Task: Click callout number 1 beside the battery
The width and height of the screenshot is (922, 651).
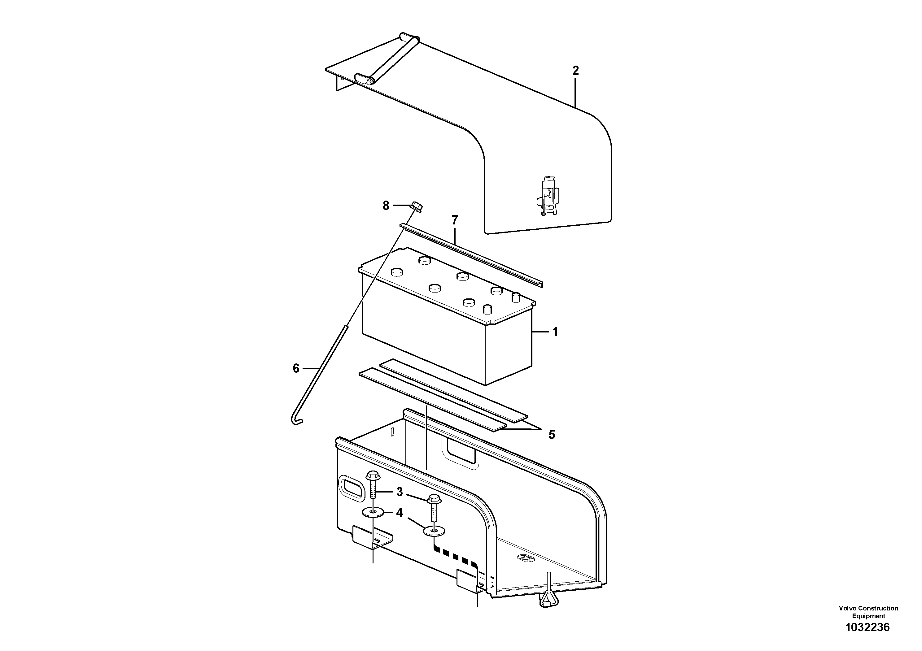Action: (x=555, y=332)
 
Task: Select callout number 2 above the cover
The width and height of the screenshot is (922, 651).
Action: (x=575, y=71)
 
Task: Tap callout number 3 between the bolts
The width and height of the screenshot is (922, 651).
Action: (x=400, y=492)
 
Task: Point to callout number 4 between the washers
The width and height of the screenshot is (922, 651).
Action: (x=399, y=513)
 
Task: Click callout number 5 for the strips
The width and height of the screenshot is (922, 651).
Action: (x=552, y=435)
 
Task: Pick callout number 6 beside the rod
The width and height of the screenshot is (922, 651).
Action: (x=296, y=368)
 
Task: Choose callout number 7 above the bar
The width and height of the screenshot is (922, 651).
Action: (x=455, y=220)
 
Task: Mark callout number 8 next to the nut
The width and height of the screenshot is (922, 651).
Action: (x=386, y=206)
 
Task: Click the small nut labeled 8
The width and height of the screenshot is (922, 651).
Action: (x=416, y=207)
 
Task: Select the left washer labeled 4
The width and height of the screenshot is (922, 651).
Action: (x=374, y=513)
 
